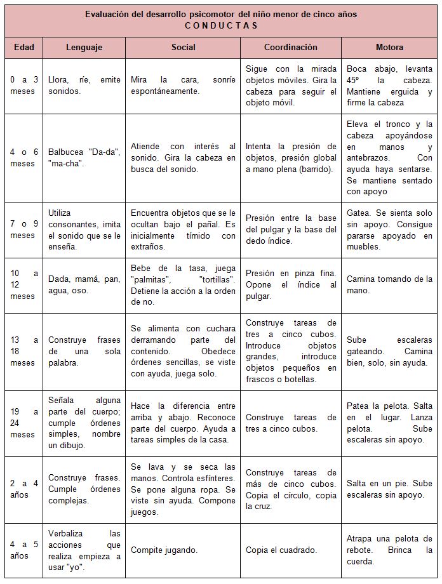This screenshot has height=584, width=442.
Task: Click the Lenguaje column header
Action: [x=84, y=48]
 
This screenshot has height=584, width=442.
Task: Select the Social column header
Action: [x=183, y=48]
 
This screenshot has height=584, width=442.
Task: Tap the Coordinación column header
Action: [x=291, y=48]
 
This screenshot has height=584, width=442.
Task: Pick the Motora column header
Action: [x=389, y=48]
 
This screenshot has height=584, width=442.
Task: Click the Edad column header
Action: [x=23, y=48]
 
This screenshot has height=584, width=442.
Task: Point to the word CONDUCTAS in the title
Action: [x=221, y=25]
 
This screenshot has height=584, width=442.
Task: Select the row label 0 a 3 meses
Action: [x=23, y=85]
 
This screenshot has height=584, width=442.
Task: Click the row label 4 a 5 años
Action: [x=23, y=550]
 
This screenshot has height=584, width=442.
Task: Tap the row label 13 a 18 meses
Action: [x=23, y=351]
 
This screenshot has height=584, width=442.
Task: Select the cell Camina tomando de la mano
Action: [x=389, y=284]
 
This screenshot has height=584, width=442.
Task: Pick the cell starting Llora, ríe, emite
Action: [x=84, y=85]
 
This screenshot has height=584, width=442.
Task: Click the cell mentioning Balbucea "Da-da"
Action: [x=84, y=157]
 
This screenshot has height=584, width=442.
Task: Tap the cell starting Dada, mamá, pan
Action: [x=84, y=284]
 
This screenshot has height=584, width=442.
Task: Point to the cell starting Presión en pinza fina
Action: [x=291, y=284]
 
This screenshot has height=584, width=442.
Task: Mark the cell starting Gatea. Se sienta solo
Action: [x=389, y=230]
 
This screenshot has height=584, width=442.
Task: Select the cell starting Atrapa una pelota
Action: [x=389, y=550]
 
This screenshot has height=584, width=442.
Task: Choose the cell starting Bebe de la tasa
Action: [x=183, y=284]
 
